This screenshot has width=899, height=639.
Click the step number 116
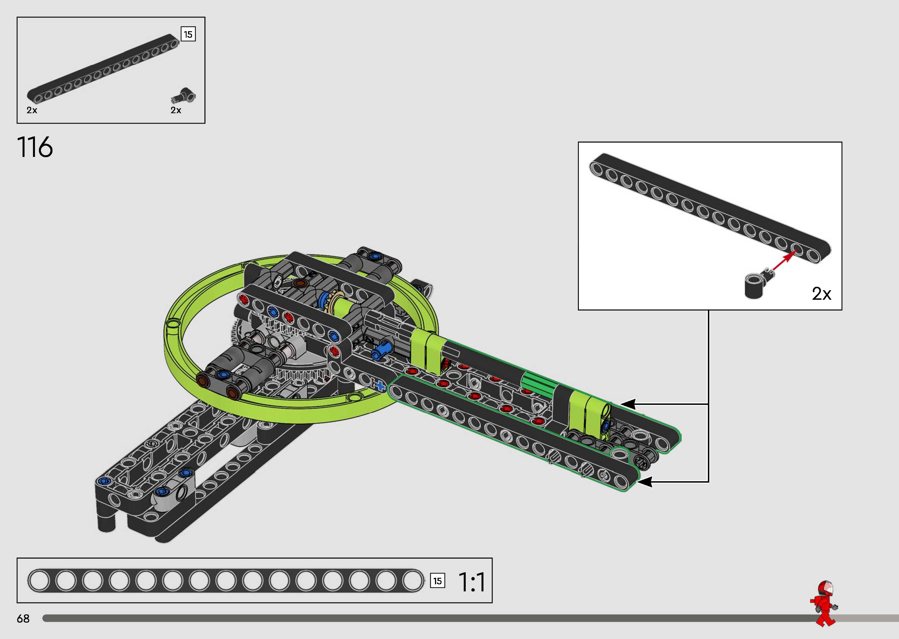(35, 147)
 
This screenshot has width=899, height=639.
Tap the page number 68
(23, 618)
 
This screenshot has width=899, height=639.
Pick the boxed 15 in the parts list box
(188, 34)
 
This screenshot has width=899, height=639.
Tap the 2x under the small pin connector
(176, 110)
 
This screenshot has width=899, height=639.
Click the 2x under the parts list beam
(32, 110)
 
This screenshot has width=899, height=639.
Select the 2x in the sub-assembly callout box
(821, 294)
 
